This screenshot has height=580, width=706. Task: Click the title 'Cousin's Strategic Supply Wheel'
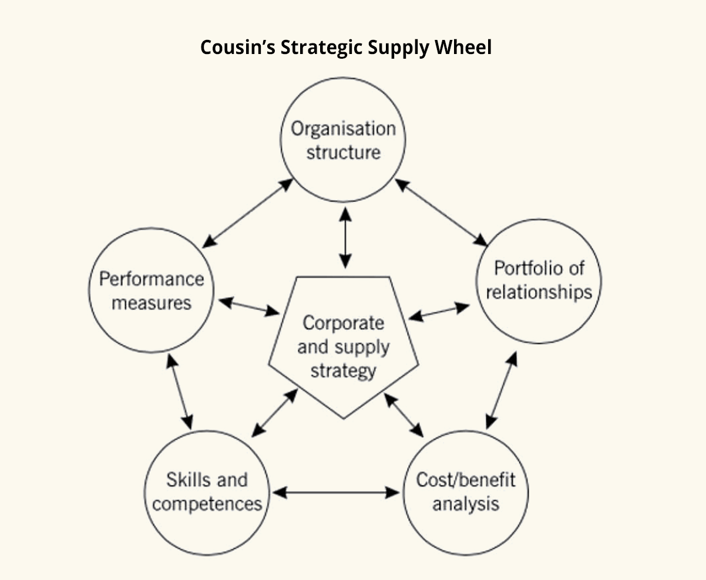pyautogui.click(x=345, y=47)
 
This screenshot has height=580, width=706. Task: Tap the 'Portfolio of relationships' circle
pyautogui.click(x=539, y=281)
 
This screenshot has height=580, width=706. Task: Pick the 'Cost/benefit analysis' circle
pyautogui.click(x=466, y=492)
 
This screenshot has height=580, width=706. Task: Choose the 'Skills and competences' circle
pyautogui.click(x=207, y=492)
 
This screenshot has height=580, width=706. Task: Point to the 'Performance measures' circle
pyautogui.click(x=151, y=291)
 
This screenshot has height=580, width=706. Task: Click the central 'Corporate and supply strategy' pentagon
pyautogui.click(x=344, y=346)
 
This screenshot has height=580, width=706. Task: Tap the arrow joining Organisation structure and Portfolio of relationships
pyautogui.click(x=441, y=212)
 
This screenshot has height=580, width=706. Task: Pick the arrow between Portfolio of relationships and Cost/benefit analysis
pyautogui.click(x=502, y=390)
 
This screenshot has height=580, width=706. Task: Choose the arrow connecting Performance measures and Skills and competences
pyautogui.click(x=179, y=392)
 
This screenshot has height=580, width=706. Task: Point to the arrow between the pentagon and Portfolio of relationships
pyautogui.click(x=439, y=312)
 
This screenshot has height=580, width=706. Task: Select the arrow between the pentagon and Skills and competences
pyautogui.click(x=275, y=413)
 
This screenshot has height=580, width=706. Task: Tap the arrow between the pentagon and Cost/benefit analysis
pyautogui.click(x=404, y=414)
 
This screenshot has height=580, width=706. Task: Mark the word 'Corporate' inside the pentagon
pyautogui.click(x=343, y=323)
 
